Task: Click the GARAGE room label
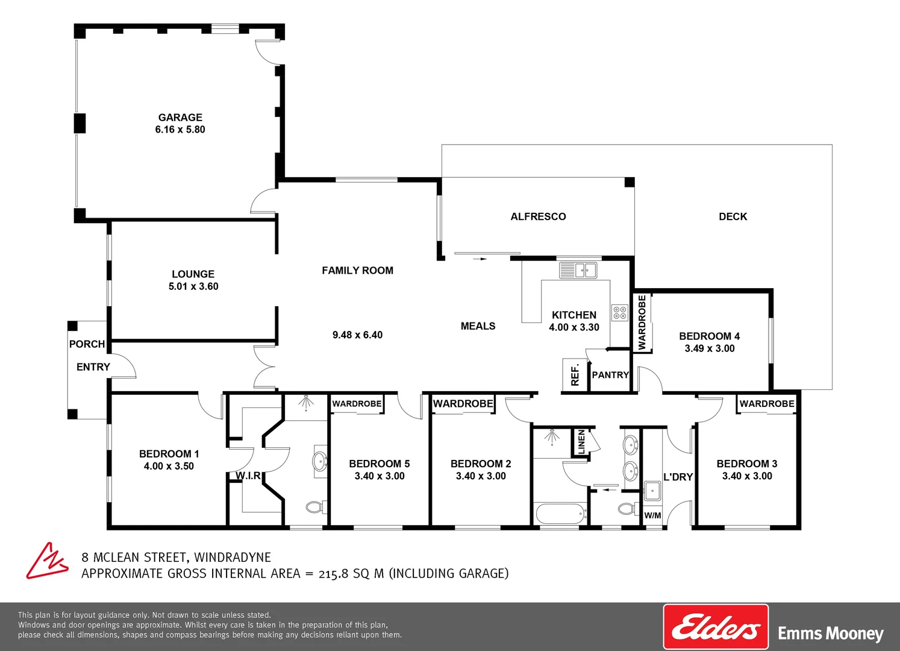[180, 118]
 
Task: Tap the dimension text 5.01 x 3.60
[193, 286]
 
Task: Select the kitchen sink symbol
[578, 270]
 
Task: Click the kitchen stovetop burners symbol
[620, 312]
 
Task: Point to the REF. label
[575, 375]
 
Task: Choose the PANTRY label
[610, 375]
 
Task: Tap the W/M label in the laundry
[652, 515]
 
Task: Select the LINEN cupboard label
[581, 442]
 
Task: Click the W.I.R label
[248, 476]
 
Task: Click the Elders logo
[716, 627]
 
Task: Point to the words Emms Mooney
[830, 634]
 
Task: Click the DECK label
[733, 216]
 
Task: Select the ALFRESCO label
[538, 216]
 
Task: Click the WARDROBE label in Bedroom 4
[642, 322]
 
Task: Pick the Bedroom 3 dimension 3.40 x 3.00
[747, 476]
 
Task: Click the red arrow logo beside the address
[46, 561]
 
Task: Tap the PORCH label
[87, 344]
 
